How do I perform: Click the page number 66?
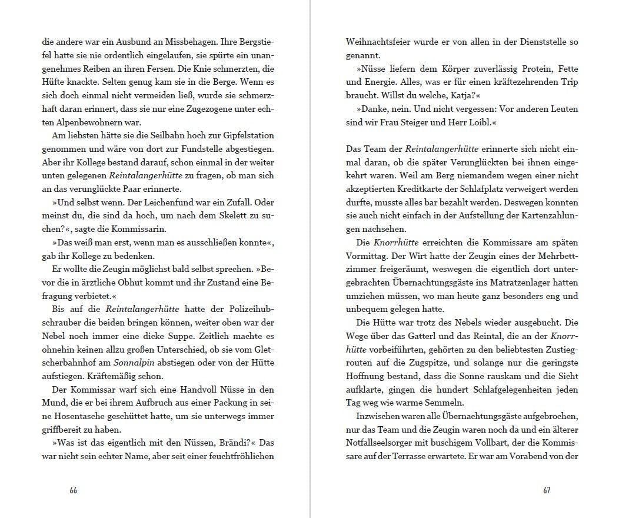click(73, 490)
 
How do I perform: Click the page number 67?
click(547, 490)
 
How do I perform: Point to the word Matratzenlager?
click(494, 283)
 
